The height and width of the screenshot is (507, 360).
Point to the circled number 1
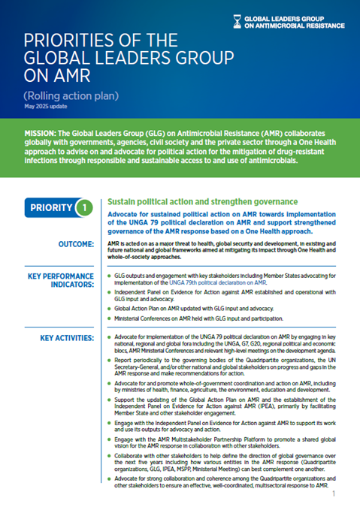pyautogui.click(x=87, y=207)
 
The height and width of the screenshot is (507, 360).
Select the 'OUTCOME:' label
pyautogui.click(x=73, y=244)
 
